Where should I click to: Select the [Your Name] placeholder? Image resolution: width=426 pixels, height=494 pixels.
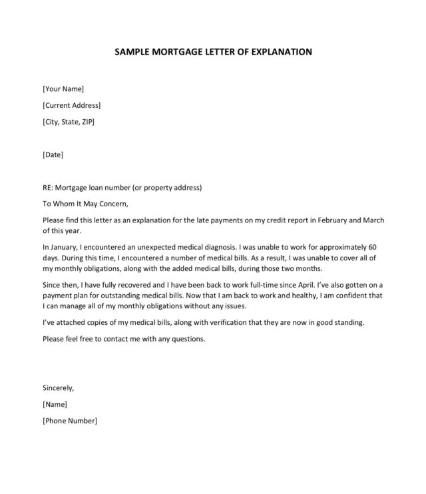[63, 89]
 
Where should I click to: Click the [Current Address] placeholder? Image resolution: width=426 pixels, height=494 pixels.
[71, 105]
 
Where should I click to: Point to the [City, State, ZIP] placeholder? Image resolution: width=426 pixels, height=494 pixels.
[68, 122]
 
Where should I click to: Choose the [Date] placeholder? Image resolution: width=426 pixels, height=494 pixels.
[53, 154]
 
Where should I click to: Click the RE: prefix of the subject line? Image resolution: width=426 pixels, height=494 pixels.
[49, 187]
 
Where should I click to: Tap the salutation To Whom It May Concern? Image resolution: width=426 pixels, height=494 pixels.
[84, 204]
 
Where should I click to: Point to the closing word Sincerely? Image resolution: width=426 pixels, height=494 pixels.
[58, 387]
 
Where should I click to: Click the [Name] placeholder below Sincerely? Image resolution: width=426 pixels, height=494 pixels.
[55, 404]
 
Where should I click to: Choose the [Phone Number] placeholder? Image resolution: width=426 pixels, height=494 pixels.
[69, 421]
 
